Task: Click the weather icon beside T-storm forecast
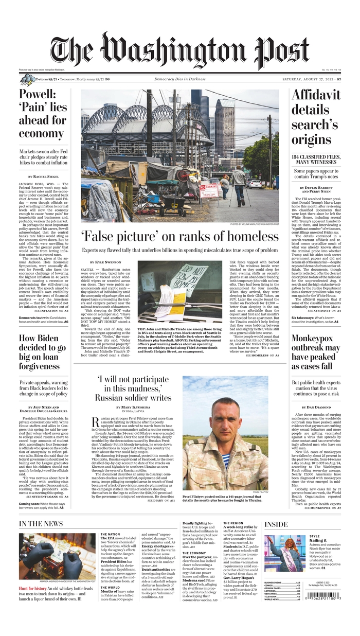[27, 79]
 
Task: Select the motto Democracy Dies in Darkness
[179, 79]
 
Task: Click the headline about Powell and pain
[43, 114]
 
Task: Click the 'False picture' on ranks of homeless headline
[179, 237]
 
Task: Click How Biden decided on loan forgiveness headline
[43, 352]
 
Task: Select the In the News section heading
[41, 524]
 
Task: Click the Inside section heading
[276, 524]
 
